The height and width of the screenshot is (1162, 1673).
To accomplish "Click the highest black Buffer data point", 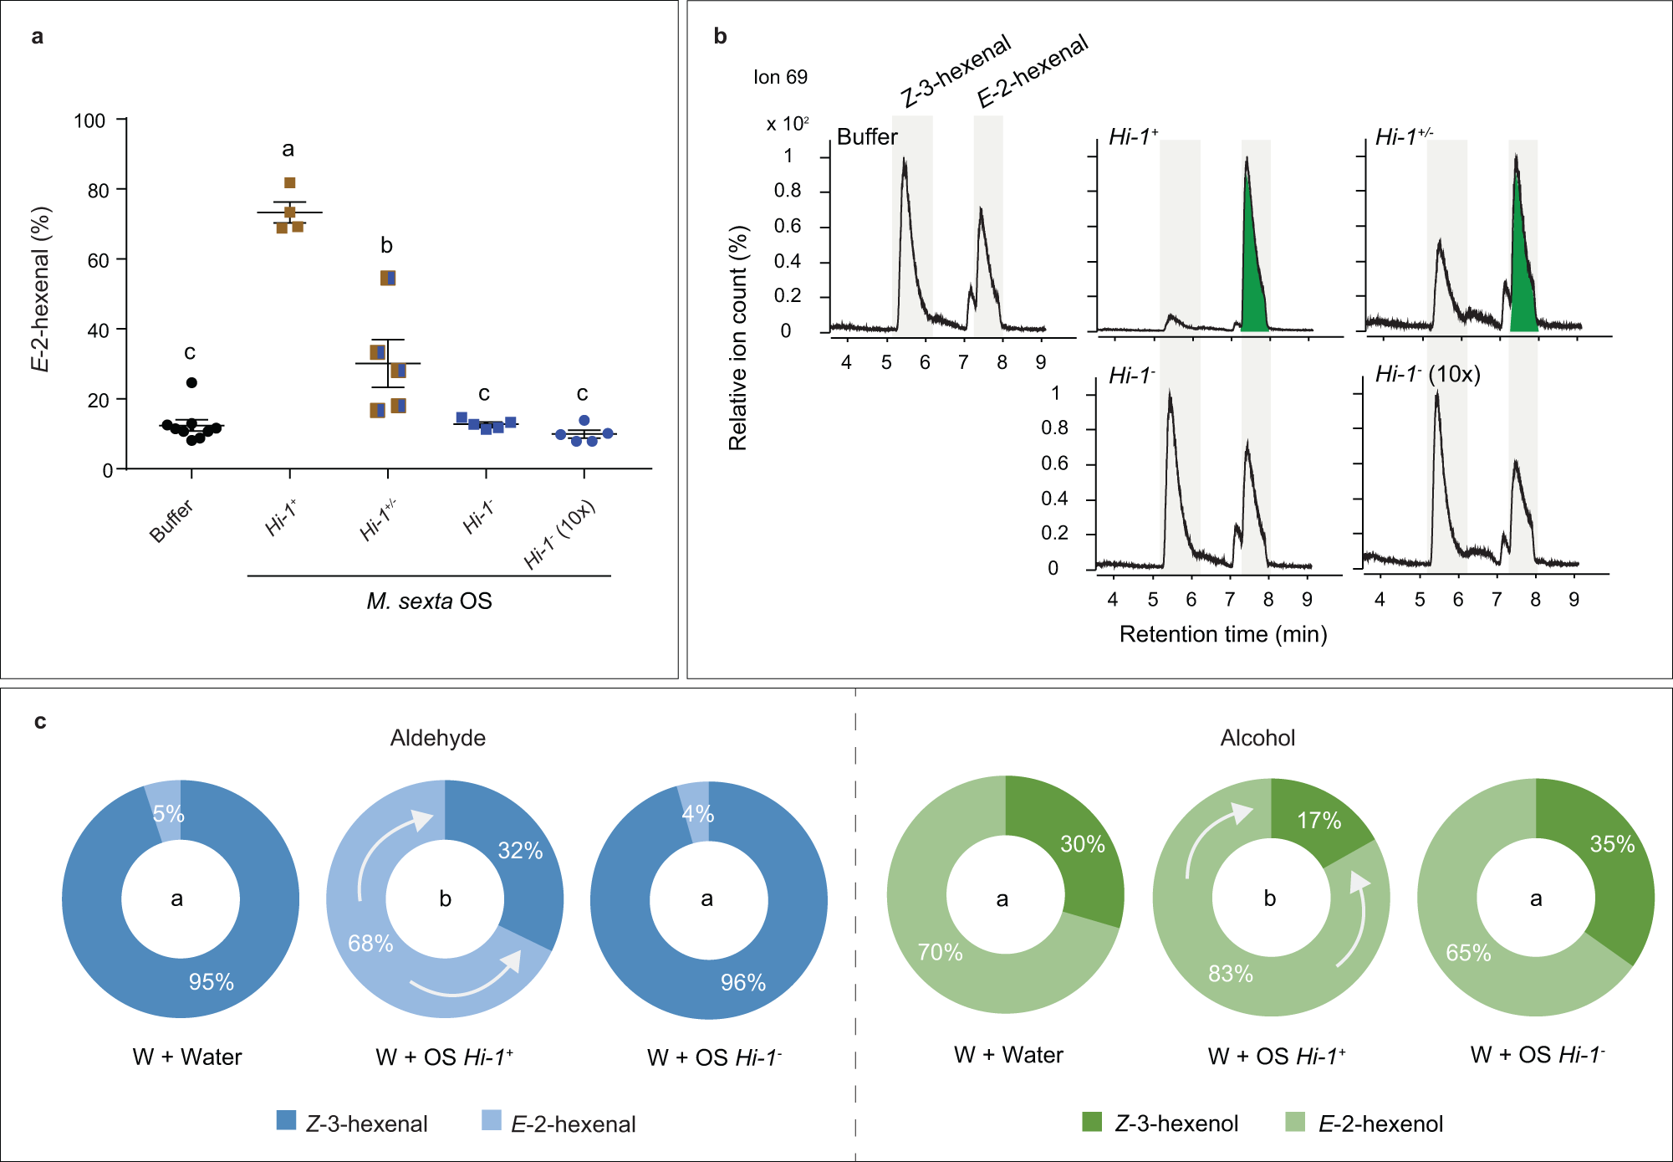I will [191, 382].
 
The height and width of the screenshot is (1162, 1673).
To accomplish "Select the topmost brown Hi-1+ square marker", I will [290, 183].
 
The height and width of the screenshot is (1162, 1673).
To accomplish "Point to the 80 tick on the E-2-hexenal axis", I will [99, 191].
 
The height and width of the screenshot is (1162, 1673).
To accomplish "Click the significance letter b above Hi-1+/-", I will [386, 245].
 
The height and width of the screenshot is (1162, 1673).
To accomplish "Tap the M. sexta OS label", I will [429, 601].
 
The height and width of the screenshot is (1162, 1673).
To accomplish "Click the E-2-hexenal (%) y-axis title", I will [40, 289].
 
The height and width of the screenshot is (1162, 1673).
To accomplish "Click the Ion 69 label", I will [780, 77].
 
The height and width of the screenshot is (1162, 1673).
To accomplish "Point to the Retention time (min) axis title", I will [1222, 634].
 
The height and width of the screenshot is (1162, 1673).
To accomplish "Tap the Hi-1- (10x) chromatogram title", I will [1428, 374].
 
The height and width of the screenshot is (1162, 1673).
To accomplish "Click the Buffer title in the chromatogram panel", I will [867, 137].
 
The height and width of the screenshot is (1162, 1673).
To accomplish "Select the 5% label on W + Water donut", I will [168, 813].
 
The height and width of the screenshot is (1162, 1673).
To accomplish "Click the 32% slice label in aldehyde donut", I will [520, 851].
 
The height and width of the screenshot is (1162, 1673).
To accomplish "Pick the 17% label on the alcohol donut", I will [1319, 821].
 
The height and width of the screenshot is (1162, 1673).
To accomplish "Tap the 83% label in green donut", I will [1230, 974].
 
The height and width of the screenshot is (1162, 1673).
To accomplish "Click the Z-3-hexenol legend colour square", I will [1092, 1122].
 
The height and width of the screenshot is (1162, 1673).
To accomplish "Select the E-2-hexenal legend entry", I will [559, 1124].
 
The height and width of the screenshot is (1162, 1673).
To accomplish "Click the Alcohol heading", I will [1257, 738].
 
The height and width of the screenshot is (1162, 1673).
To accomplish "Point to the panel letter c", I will [40, 721].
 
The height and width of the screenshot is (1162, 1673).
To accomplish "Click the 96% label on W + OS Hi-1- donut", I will [742, 982].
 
